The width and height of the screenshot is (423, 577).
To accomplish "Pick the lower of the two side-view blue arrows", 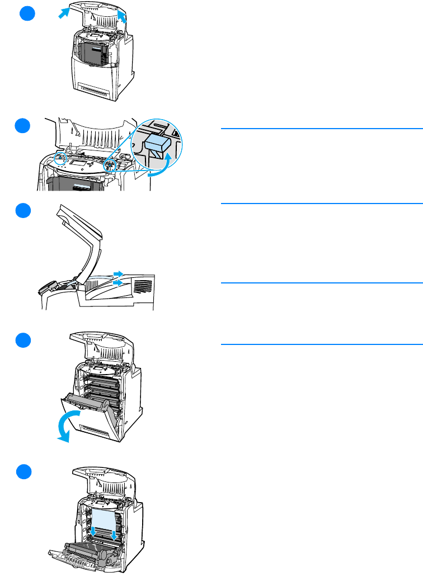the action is click(117, 283).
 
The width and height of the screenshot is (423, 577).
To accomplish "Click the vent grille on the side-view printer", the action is click(143, 287).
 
